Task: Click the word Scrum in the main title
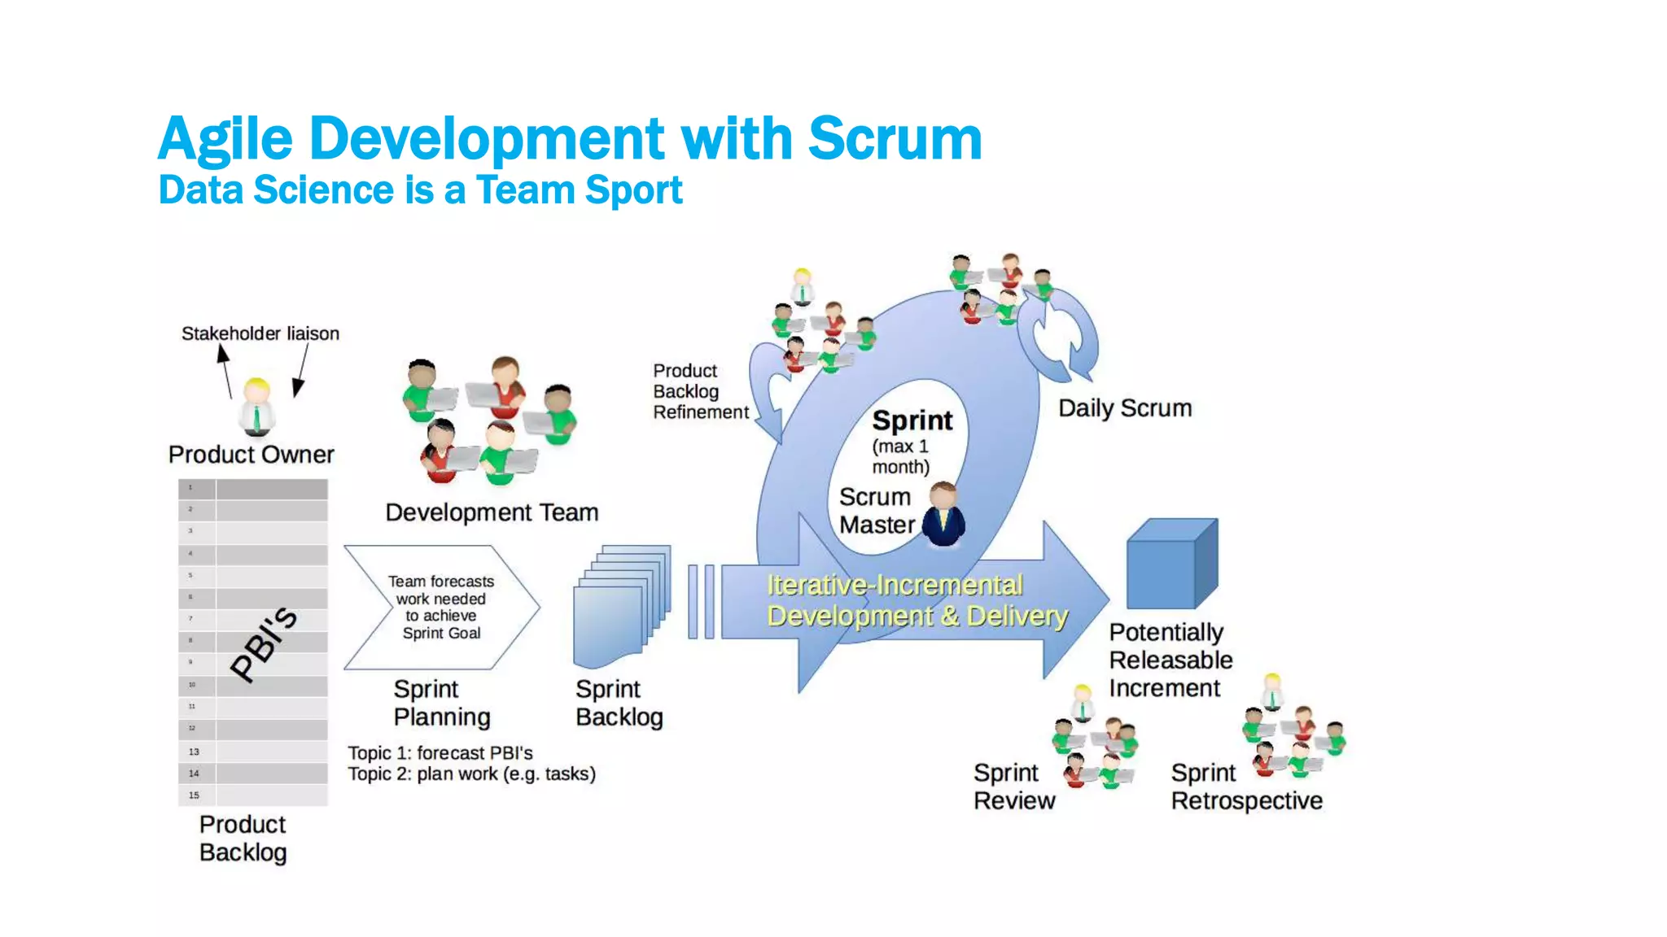pyautogui.click(x=895, y=138)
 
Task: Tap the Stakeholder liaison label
pyautogui.click(x=260, y=333)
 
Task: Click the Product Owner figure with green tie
pyautogui.click(x=257, y=407)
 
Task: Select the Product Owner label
pyautogui.click(x=251, y=454)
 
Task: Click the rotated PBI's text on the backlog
pyautogui.click(x=264, y=643)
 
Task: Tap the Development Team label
pyautogui.click(x=492, y=512)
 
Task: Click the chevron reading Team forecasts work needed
pyautogui.click(x=441, y=607)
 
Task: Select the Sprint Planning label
pyautogui.click(x=441, y=703)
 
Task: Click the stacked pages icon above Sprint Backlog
pyautogui.click(x=622, y=606)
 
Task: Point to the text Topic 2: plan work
pyautogui.click(x=471, y=774)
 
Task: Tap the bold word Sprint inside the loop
pyautogui.click(x=912, y=421)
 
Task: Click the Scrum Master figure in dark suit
pyautogui.click(x=944, y=516)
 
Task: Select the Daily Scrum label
pyautogui.click(x=1124, y=408)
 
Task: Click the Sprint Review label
pyautogui.click(x=1013, y=787)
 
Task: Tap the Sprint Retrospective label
pyautogui.click(x=1245, y=787)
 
